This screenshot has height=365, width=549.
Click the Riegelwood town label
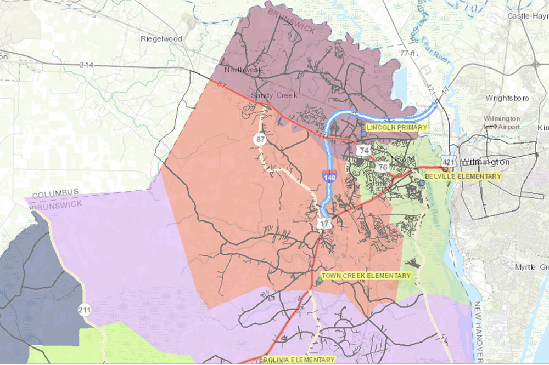pos(160,38)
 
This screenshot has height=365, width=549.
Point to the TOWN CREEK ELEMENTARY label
pos(366,276)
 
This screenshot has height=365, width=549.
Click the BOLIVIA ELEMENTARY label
pos(298,360)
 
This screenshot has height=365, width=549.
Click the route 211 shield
pos(83,309)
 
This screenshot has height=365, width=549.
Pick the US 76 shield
pos(383,167)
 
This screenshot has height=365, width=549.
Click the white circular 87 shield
pos(260,140)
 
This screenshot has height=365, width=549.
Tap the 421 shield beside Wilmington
pos(449,162)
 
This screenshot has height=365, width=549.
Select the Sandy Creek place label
pos(273,95)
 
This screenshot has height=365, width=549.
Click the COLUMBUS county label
pos(55,194)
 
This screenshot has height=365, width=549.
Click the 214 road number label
pos(86,65)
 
